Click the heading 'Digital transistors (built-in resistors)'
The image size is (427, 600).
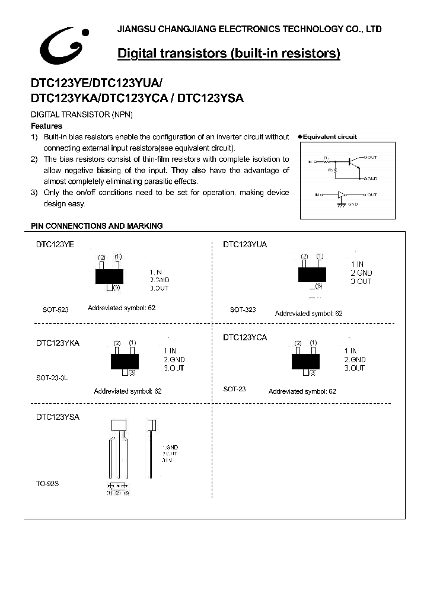pos(229,54)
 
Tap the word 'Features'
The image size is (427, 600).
pos(46,126)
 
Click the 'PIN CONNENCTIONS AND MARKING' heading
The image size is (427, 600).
pos(97,226)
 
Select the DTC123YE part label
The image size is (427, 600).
pos(55,244)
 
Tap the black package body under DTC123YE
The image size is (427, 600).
pos(110,276)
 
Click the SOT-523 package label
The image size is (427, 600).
pos(55,309)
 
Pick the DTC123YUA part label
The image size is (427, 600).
pos(245,244)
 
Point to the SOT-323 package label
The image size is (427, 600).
pos(243,309)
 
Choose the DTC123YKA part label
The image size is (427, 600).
pos(58,343)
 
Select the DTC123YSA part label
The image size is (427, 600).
pos(58,417)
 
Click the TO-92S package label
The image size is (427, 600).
pos(47,484)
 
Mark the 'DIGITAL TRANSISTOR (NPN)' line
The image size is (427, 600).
pos(81,114)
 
